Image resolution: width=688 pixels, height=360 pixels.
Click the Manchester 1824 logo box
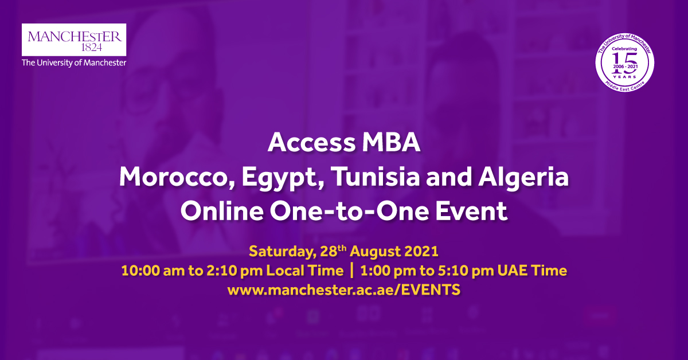coord(74,40)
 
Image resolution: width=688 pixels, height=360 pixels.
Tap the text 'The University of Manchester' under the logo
coord(74,63)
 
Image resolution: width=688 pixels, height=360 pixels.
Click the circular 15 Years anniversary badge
coord(626,64)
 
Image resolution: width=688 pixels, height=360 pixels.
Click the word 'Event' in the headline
coord(470,211)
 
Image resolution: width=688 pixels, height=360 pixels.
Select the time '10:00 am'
coord(145,271)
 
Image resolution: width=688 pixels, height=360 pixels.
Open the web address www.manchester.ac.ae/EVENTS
coord(343,290)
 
